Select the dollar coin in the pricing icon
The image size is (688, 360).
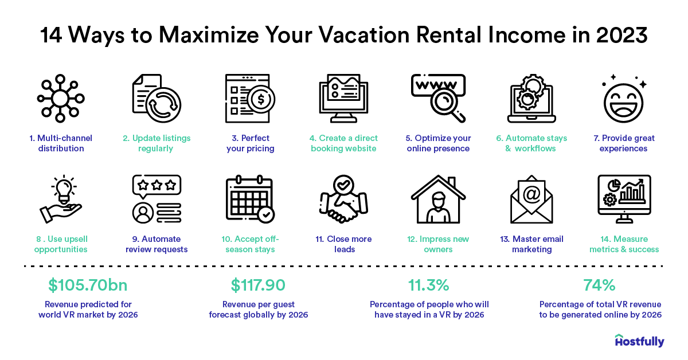(x=262, y=99)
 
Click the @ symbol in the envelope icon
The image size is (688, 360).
(x=531, y=194)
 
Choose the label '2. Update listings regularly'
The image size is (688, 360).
(x=157, y=143)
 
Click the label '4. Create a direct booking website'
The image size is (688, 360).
(x=343, y=143)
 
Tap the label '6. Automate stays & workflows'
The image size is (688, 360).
(x=531, y=143)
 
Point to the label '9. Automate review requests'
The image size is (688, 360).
(x=157, y=244)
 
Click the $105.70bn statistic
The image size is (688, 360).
(x=88, y=285)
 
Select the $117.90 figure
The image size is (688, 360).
(x=258, y=285)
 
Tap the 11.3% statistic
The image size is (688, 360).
(x=429, y=285)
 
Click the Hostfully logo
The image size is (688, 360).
(x=639, y=341)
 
